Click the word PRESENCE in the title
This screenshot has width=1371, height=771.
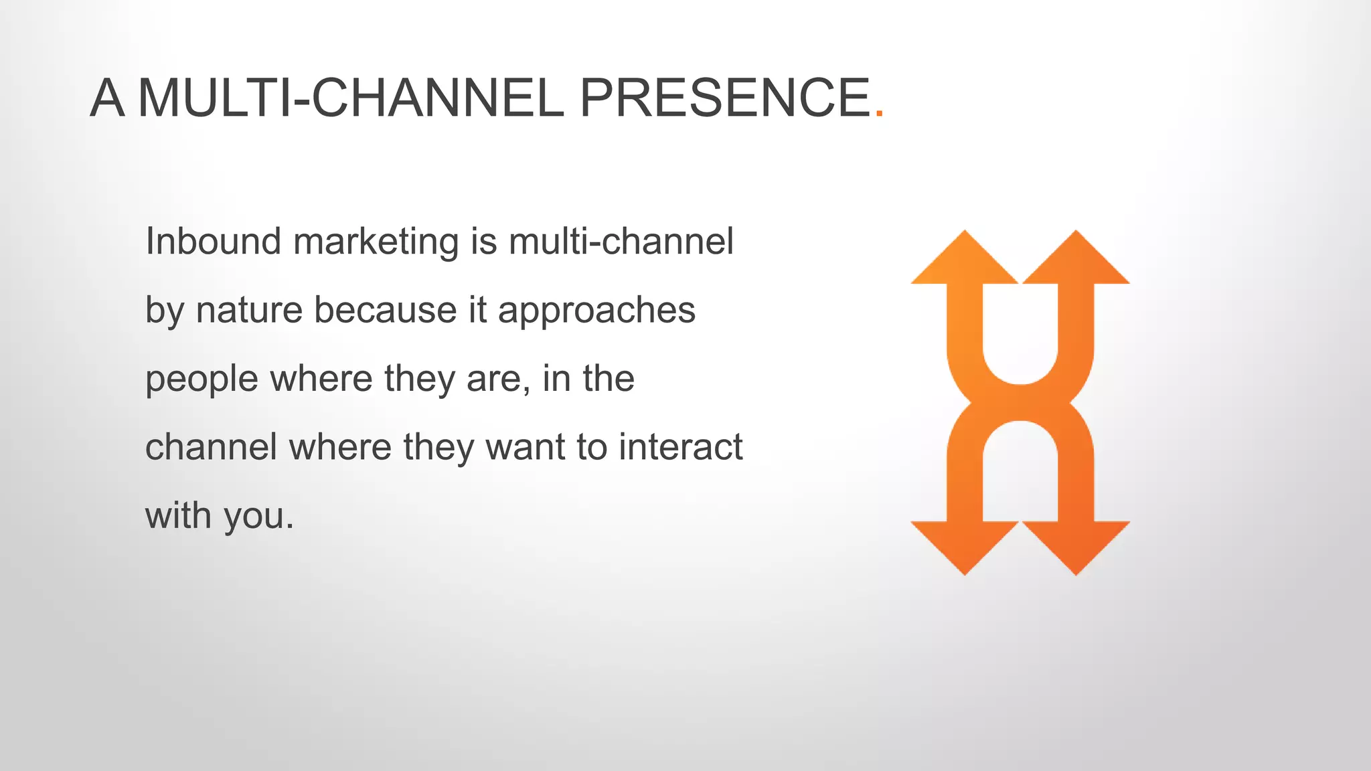[724, 98]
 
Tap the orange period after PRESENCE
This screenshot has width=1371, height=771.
[879, 115]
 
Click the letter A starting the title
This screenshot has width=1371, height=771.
[107, 98]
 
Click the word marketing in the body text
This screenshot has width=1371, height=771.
[376, 242]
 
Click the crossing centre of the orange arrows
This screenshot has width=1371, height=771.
[1020, 403]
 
